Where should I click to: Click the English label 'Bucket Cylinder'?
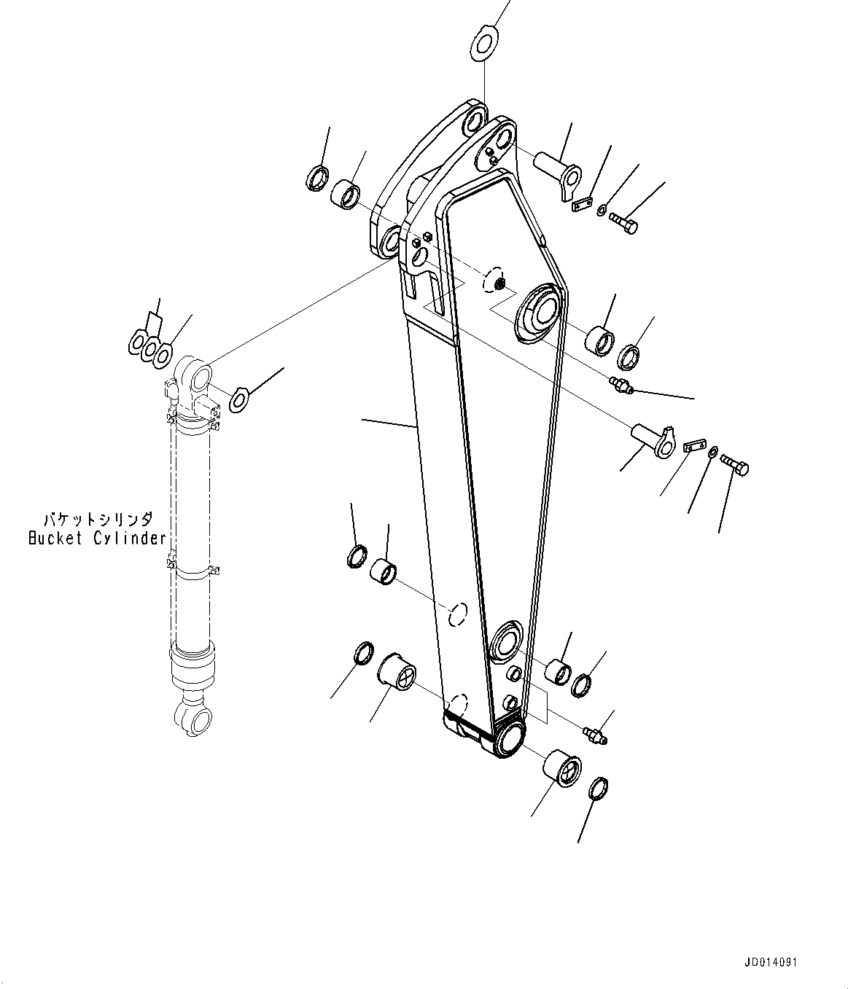pyautogui.click(x=96, y=539)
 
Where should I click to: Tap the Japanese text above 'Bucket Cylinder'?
pyautogui.click(x=96, y=520)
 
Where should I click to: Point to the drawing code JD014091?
pyautogui.click(x=771, y=963)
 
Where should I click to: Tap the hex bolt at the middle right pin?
pyautogui.click(x=736, y=464)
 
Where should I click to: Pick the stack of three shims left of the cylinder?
pyautogui.click(x=151, y=347)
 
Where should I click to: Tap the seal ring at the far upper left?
pyautogui.click(x=316, y=178)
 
